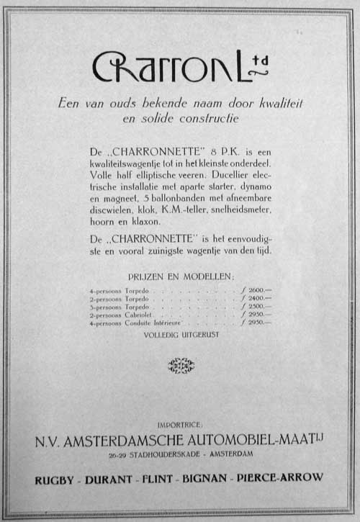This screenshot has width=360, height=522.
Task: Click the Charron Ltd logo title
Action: point(180,67)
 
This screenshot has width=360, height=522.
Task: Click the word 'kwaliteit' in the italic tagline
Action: point(277,104)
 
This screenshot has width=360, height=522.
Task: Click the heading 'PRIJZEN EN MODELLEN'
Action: point(180,276)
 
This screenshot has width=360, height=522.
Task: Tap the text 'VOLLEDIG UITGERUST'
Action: point(180,336)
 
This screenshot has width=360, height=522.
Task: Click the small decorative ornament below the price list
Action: point(180,366)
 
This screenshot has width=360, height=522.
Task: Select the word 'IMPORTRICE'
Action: point(180,425)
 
